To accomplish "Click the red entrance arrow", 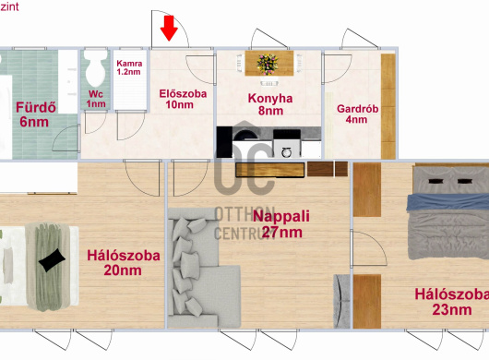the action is pos(169,29).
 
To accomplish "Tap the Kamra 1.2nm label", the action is pos(129,67).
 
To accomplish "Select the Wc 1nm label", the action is pos(96,99).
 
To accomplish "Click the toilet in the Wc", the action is pos(95,67).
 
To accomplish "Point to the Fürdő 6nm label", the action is pos(36,114).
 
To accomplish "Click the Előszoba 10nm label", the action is pos(183,99).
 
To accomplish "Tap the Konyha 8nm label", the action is pos(270,104).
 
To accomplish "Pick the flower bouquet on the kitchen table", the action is pos(268,64).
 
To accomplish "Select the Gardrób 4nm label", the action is pos(357,114).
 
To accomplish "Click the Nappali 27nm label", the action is pos(281,224).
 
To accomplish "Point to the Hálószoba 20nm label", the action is pos(124,263).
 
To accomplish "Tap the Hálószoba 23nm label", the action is pos(451,302).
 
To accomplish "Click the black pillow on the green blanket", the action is pos(52,260).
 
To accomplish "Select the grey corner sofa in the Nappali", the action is pos(204,268).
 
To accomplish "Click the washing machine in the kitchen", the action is pos(287,149).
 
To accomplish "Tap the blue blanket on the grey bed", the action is pos(447,202).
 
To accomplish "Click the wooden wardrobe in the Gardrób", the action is pos(388,106).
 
